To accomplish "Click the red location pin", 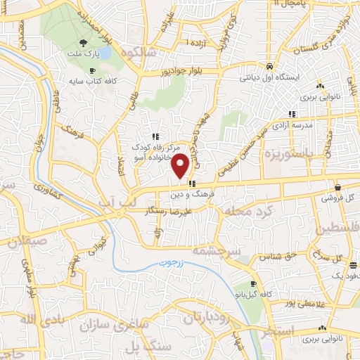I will click(180, 165).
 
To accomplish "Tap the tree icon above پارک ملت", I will click(84, 44).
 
